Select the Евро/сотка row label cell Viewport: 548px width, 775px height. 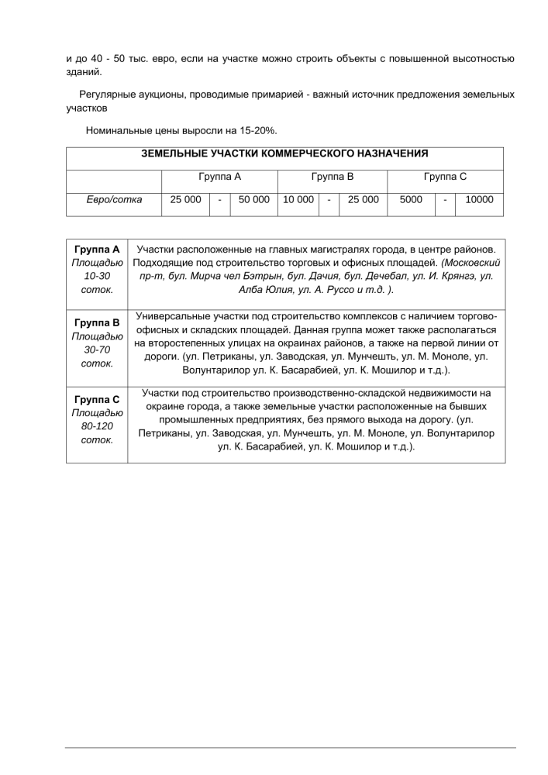click(114, 200)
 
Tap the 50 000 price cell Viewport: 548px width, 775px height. click(254, 200)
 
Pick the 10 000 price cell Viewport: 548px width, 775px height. click(298, 200)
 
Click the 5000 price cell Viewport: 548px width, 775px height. click(411, 200)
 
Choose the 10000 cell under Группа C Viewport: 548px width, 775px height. click(479, 200)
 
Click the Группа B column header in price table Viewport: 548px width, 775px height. click(332, 177)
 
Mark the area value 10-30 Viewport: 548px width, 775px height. click(97, 276)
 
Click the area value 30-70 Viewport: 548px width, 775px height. click(97, 350)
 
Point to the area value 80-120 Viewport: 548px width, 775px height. click(97, 426)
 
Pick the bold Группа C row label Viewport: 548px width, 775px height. click(97, 400)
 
